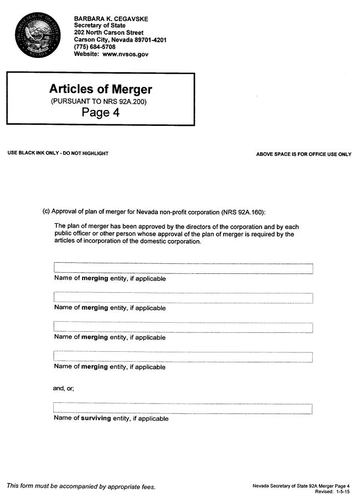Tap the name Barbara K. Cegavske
[111, 18]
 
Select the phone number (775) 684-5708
[95, 47]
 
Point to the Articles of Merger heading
[100, 88]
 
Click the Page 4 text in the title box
[101, 112]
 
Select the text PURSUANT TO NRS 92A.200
[98, 101]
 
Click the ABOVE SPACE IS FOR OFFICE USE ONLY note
[304, 154]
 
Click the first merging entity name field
[183, 269]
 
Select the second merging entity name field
[183, 298]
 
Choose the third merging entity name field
[183, 328]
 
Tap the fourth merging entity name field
[183, 357]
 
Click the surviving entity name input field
[183, 409]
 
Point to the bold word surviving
[96, 419]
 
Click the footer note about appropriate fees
[81, 486]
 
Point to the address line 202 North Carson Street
[108, 33]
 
